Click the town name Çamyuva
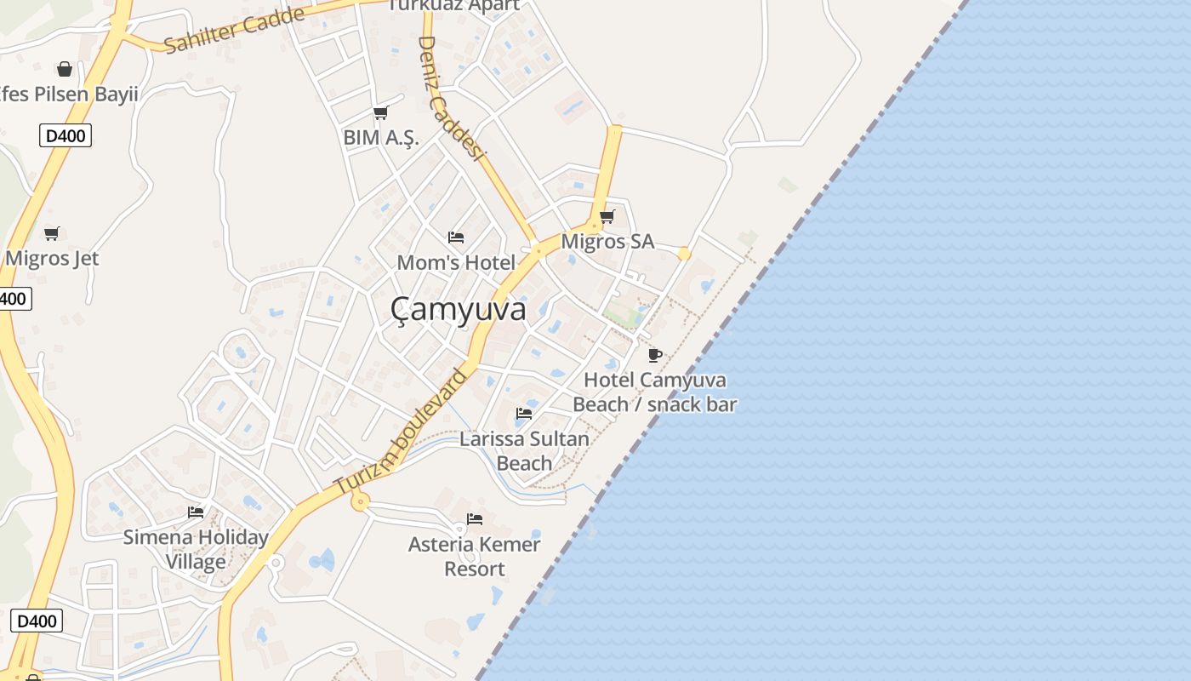point(459,310)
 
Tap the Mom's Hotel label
point(456,262)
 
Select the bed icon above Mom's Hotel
point(456,237)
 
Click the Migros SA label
point(607,242)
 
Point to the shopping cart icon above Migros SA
point(607,216)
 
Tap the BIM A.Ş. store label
point(381,137)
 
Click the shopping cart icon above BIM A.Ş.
point(381,112)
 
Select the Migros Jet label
point(52,259)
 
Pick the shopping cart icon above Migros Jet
point(52,233)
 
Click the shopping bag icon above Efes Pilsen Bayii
point(65,69)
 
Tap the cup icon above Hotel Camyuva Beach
point(654,355)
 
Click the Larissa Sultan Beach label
point(524,451)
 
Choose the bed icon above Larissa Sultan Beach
point(524,414)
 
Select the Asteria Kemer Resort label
point(475,556)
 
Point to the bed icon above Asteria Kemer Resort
point(475,518)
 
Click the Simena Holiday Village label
point(196,549)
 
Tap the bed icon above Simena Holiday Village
point(196,512)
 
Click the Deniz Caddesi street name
point(451,98)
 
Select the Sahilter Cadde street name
point(234,30)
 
